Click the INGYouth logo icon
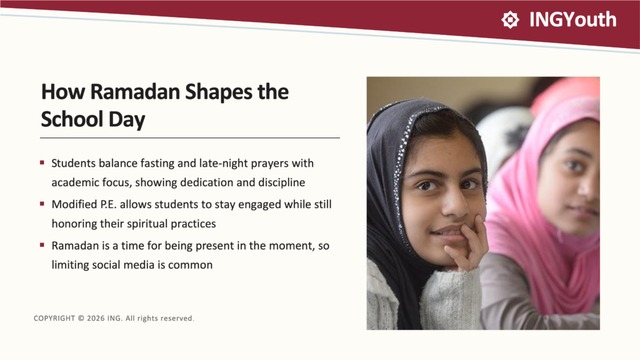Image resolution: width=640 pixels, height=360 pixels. point(510,19)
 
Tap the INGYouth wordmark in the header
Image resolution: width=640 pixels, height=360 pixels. point(572,19)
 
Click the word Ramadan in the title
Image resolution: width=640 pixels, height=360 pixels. point(135,91)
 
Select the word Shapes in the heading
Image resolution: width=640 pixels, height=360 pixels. point(219,92)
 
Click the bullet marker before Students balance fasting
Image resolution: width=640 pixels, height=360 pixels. point(42,163)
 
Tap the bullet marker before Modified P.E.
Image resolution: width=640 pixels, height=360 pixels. point(42,204)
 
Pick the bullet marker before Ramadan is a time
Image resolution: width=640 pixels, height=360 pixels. point(42,245)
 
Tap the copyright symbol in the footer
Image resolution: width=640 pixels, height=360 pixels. point(81,318)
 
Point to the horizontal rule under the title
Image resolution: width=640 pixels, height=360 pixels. point(190,138)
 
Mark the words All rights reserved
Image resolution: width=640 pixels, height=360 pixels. point(159,318)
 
